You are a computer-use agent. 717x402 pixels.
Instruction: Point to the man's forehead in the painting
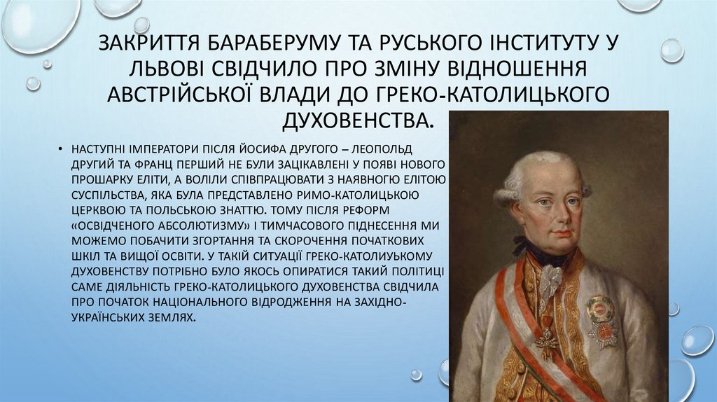point(553,175)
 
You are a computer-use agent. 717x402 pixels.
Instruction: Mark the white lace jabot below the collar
point(550,280)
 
